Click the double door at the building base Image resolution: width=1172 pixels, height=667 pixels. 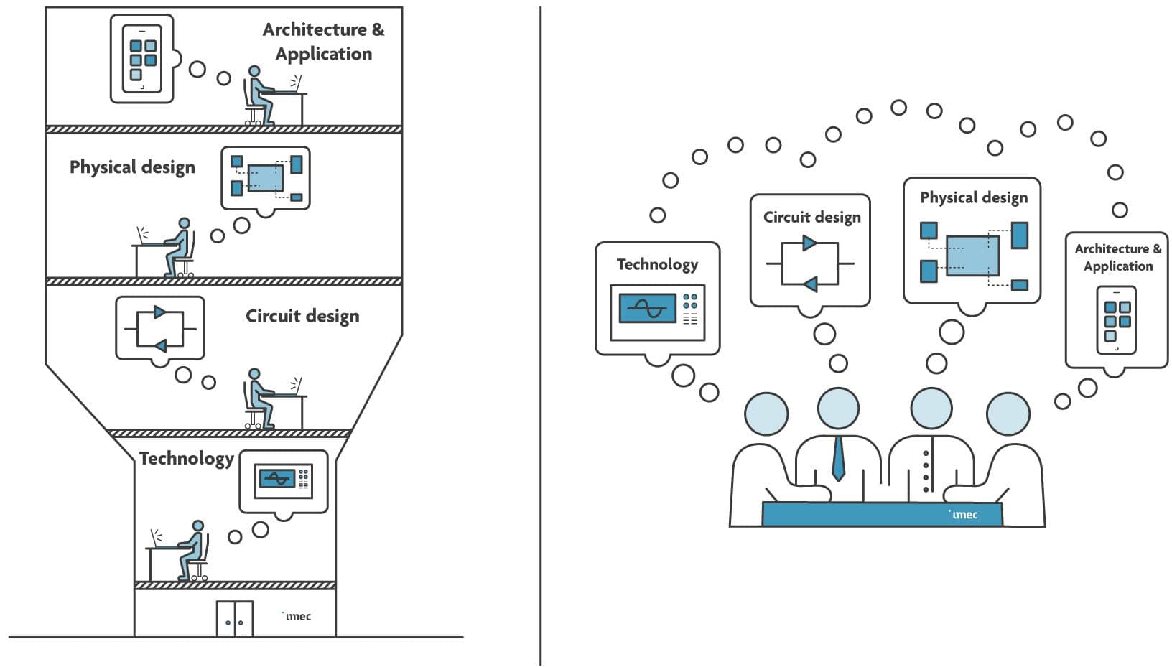[x=235, y=618]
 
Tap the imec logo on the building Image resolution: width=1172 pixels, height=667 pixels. [x=297, y=616]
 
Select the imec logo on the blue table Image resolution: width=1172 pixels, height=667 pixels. [x=964, y=514]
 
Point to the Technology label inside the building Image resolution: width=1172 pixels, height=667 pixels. [x=186, y=459]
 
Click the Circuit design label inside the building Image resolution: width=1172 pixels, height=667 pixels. [x=302, y=317]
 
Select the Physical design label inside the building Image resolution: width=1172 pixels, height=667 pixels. [x=132, y=167]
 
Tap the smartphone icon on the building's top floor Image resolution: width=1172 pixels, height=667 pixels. [x=141, y=58]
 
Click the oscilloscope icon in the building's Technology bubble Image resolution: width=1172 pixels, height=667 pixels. [x=284, y=478]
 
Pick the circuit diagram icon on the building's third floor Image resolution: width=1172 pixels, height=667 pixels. [x=160, y=329]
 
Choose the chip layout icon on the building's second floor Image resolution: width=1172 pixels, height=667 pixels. [x=266, y=177]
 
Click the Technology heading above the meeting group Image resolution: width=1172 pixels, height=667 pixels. [x=657, y=264]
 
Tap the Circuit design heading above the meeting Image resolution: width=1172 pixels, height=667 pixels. [x=811, y=218]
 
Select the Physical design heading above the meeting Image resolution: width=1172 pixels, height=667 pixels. [x=973, y=197]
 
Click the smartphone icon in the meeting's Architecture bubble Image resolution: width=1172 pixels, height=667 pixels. [x=1116, y=320]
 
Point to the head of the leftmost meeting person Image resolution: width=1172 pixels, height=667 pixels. [x=766, y=414]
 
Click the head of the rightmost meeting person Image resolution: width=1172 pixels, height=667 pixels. [x=1008, y=414]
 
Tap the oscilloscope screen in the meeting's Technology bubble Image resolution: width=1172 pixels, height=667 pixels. [x=647, y=308]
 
